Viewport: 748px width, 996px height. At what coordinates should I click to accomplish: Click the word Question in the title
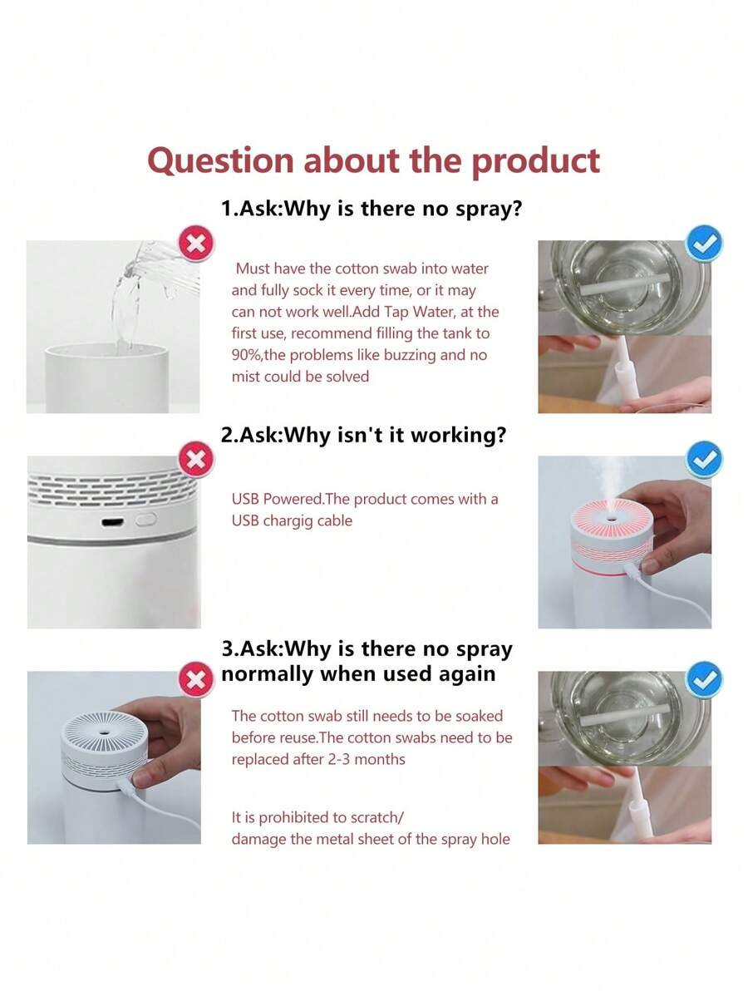[220, 160]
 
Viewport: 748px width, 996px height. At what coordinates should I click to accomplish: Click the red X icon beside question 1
[196, 244]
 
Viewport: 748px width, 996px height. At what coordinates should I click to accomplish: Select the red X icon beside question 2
[196, 459]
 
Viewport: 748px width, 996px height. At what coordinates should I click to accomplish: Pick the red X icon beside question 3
[196, 680]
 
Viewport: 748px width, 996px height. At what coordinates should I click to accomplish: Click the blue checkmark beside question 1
[705, 243]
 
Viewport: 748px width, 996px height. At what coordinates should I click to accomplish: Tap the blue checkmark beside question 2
[705, 459]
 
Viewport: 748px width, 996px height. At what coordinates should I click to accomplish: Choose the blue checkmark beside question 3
[705, 680]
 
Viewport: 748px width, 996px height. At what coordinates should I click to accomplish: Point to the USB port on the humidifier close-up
[113, 523]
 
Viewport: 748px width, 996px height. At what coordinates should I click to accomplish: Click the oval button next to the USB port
[146, 520]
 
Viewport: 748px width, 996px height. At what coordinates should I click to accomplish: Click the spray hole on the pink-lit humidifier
[613, 520]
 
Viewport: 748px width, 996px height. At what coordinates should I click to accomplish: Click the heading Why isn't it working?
[394, 435]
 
